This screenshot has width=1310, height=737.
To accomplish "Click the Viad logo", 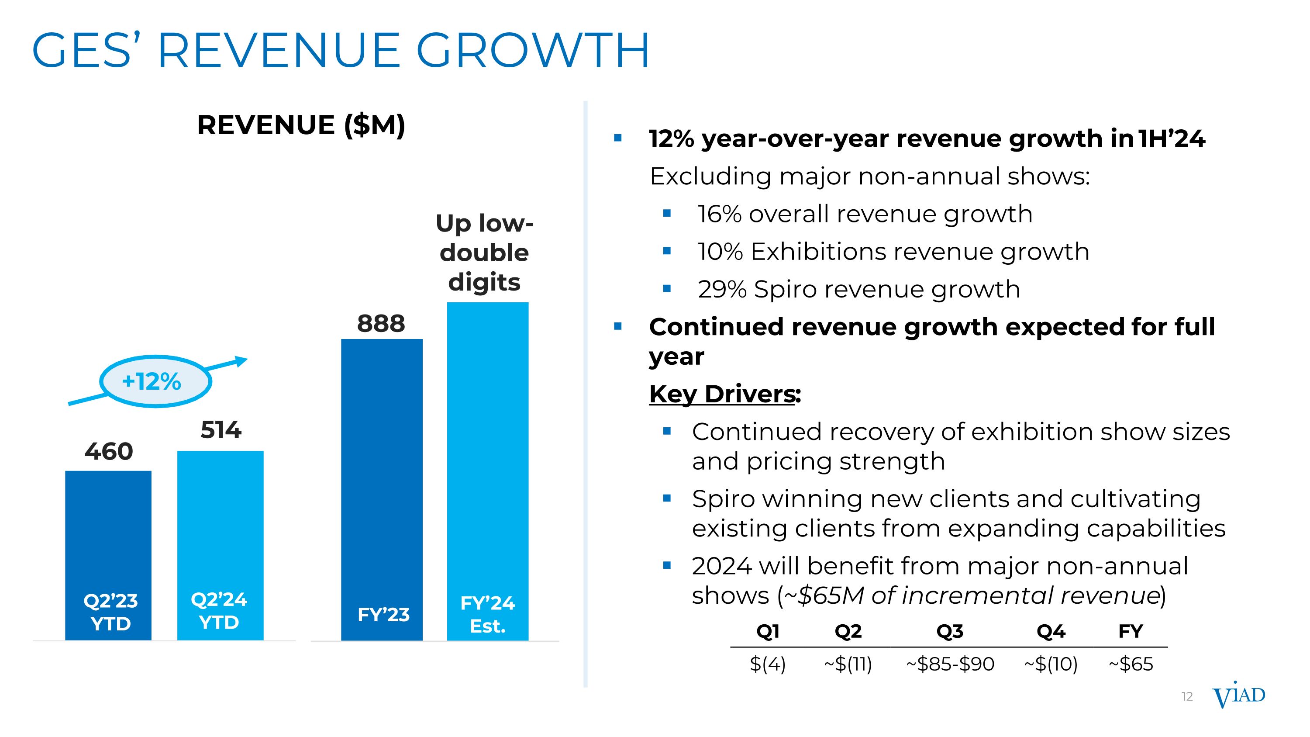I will point(1238,697).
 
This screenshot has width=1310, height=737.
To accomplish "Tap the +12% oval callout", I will point(155,381).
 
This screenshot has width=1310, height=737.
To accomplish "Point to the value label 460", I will point(109,452).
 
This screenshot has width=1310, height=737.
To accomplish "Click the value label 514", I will point(221,430).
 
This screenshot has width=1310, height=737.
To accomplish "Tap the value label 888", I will point(381,323).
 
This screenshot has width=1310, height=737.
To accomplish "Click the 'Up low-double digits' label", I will point(485,253).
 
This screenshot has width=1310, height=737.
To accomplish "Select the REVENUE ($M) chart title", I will point(301,125).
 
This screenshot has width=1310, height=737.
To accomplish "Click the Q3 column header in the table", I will point(949,631).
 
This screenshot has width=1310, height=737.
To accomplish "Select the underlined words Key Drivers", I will point(722,394).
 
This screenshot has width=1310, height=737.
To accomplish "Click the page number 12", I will point(1187,697).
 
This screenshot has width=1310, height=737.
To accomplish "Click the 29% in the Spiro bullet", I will point(722,289).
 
